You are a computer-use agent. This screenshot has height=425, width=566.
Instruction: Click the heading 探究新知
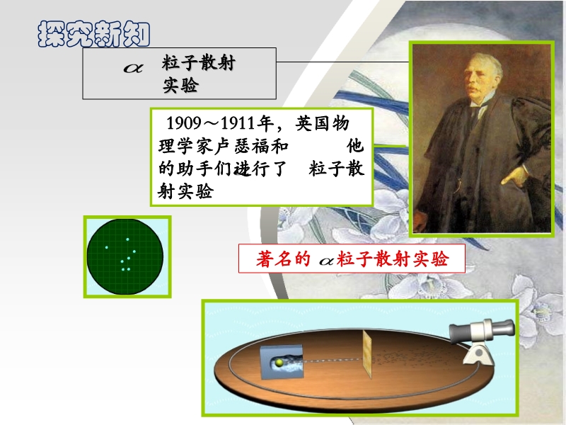pyautogui.click(x=94, y=34)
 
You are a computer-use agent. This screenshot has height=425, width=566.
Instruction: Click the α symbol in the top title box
pyautogui.click(x=133, y=67)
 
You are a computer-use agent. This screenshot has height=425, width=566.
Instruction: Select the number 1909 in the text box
pyautogui.click(x=184, y=123)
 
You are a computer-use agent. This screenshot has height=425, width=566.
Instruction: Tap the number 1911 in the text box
pyautogui.click(x=238, y=123)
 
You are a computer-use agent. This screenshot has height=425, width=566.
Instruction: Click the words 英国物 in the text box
pyautogui.click(x=323, y=123)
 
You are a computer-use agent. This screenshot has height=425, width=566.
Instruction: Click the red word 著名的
pyautogui.click(x=283, y=259)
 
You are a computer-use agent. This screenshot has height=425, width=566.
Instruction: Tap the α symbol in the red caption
pyautogui.click(x=327, y=261)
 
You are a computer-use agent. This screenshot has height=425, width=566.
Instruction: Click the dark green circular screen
pyautogui.click(x=125, y=256)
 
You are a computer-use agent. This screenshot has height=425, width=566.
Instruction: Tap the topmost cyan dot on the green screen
pyautogui.click(x=127, y=239)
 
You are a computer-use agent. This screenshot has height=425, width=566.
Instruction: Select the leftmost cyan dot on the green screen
pyautogui.click(x=107, y=247)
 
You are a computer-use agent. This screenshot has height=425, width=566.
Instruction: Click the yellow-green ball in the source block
pyautogui.click(x=279, y=363)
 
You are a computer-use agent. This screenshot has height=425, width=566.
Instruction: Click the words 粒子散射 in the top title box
pyautogui.click(x=199, y=63)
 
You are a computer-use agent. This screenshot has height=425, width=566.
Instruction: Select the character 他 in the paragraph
pyautogui.click(x=355, y=146)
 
